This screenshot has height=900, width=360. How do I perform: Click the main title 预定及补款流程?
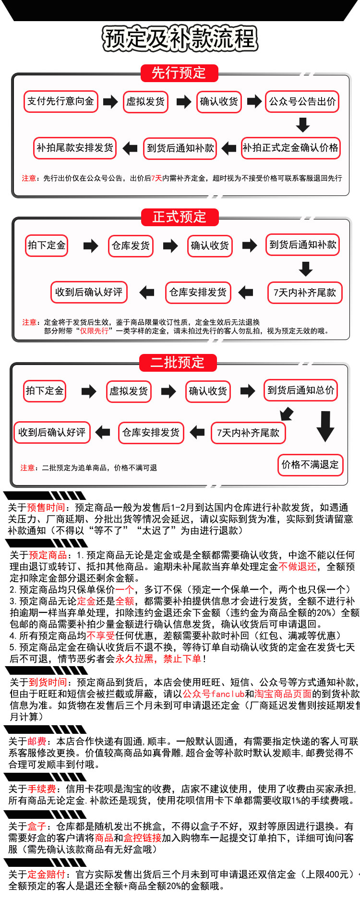tap(180, 39)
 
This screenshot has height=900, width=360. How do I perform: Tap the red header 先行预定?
tap(179, 73)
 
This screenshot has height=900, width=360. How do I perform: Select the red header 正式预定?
tap(180, 217)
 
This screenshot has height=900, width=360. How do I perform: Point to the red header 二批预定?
tap(178, 362)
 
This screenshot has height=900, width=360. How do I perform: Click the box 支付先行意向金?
tap(60, 101)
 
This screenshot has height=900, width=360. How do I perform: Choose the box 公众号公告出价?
tap(302, 102)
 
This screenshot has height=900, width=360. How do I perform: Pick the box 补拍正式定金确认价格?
tap(290, 148)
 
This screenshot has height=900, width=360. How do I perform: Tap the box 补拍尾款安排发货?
tap(75, 148)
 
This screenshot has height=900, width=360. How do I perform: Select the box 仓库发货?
tap(131, 246)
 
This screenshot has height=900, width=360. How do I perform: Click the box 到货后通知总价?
tap(301, 390)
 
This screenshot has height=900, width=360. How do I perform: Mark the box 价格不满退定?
tap(310, 465)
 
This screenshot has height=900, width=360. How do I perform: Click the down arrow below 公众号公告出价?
tap(303, 125)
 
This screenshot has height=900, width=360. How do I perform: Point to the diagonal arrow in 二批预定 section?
tap(287, 413)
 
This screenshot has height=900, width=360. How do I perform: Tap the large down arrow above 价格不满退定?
tap(325, 426)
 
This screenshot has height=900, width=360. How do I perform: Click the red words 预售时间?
tap(46, 508)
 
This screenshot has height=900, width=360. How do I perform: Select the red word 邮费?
tap(37, 741)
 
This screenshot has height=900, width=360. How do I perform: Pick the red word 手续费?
tap(42, 789)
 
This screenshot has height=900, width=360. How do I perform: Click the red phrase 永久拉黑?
tap(134, 659)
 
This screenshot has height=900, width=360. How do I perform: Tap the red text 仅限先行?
tap(94, 331)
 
